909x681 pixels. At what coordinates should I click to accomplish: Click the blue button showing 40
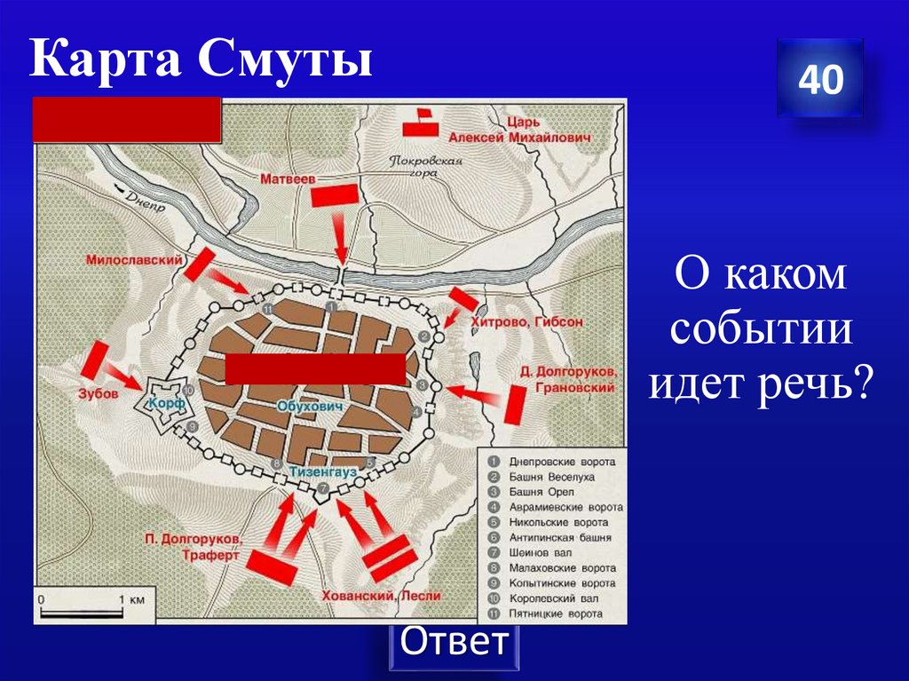click(x=819, y=79)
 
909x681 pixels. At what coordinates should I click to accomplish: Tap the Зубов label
click(x=99, y=395)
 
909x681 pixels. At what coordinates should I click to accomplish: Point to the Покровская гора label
click(x=427, y=167)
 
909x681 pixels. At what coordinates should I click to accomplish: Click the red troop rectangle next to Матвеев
click(x=336, y=195)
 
